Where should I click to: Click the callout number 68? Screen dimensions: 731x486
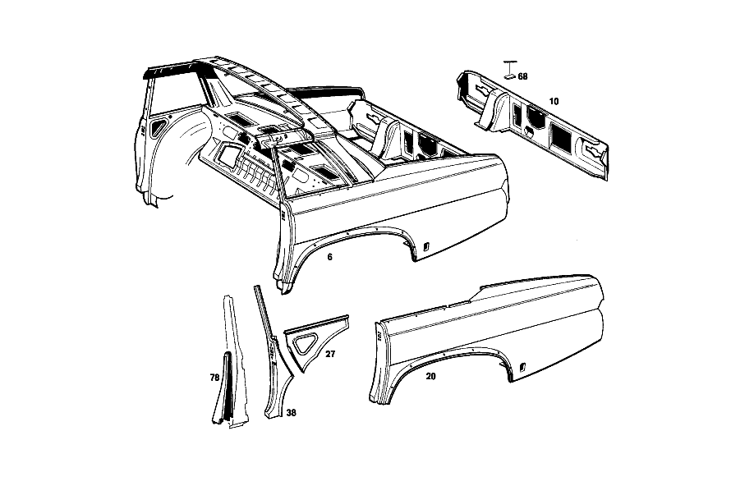pos(522,76)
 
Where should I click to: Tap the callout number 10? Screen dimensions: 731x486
pos(554,101)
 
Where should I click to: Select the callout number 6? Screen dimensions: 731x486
pos(330,257)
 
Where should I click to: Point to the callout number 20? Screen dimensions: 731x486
pos(430,376)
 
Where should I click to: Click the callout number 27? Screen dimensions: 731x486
pos(330,354)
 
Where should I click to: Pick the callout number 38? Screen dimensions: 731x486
pos(291,413)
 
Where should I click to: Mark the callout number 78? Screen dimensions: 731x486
pos(214,378)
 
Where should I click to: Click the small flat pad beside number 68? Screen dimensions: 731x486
pos(510,76)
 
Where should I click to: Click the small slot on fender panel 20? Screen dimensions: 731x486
pos(523,367)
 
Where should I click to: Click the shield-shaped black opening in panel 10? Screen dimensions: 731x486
pos(536,117)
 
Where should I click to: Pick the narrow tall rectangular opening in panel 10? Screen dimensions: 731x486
pos(517,115)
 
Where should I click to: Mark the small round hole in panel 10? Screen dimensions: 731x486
pos(528,133)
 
